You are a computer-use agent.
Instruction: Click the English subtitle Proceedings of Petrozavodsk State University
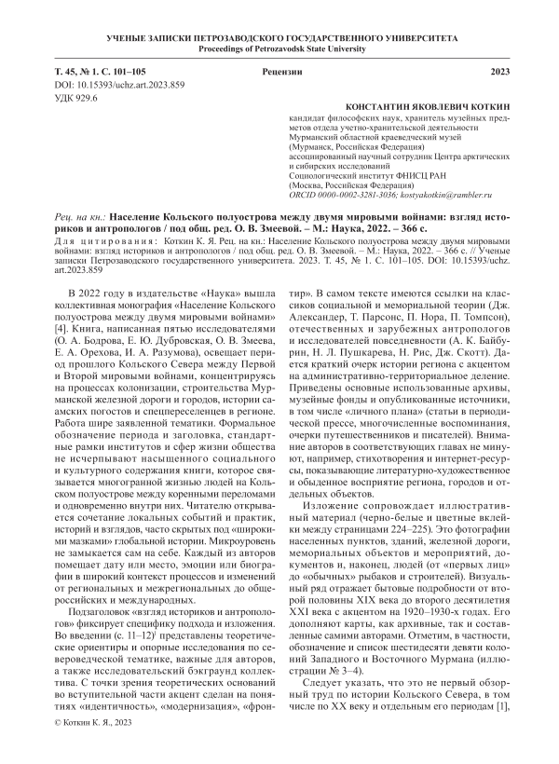pos(279,48)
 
